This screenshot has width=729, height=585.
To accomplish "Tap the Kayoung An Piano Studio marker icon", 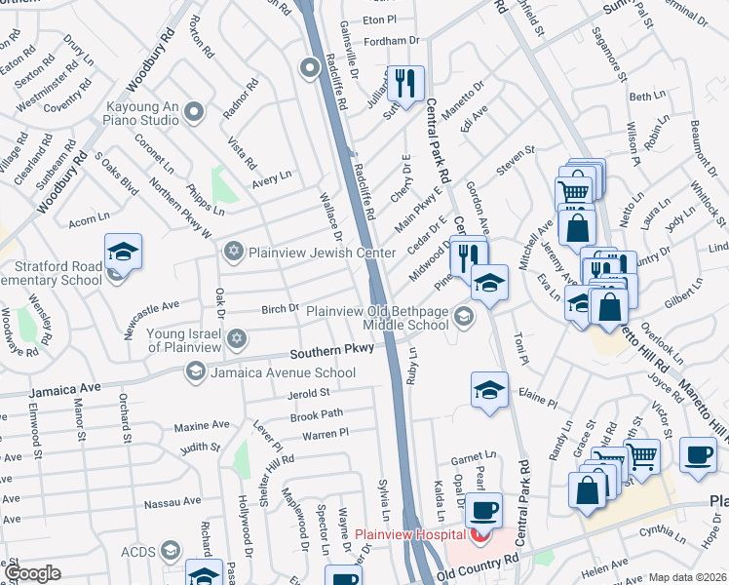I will (x=193, y=113).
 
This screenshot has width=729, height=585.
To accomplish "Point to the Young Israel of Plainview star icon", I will (x=234, y=338).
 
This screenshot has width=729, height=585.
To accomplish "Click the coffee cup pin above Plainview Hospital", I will (x=482, y=510).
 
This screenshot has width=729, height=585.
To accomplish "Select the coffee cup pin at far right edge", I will (x=698, y=456).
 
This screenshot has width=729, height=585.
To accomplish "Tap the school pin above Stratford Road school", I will (x=124, y=252).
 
